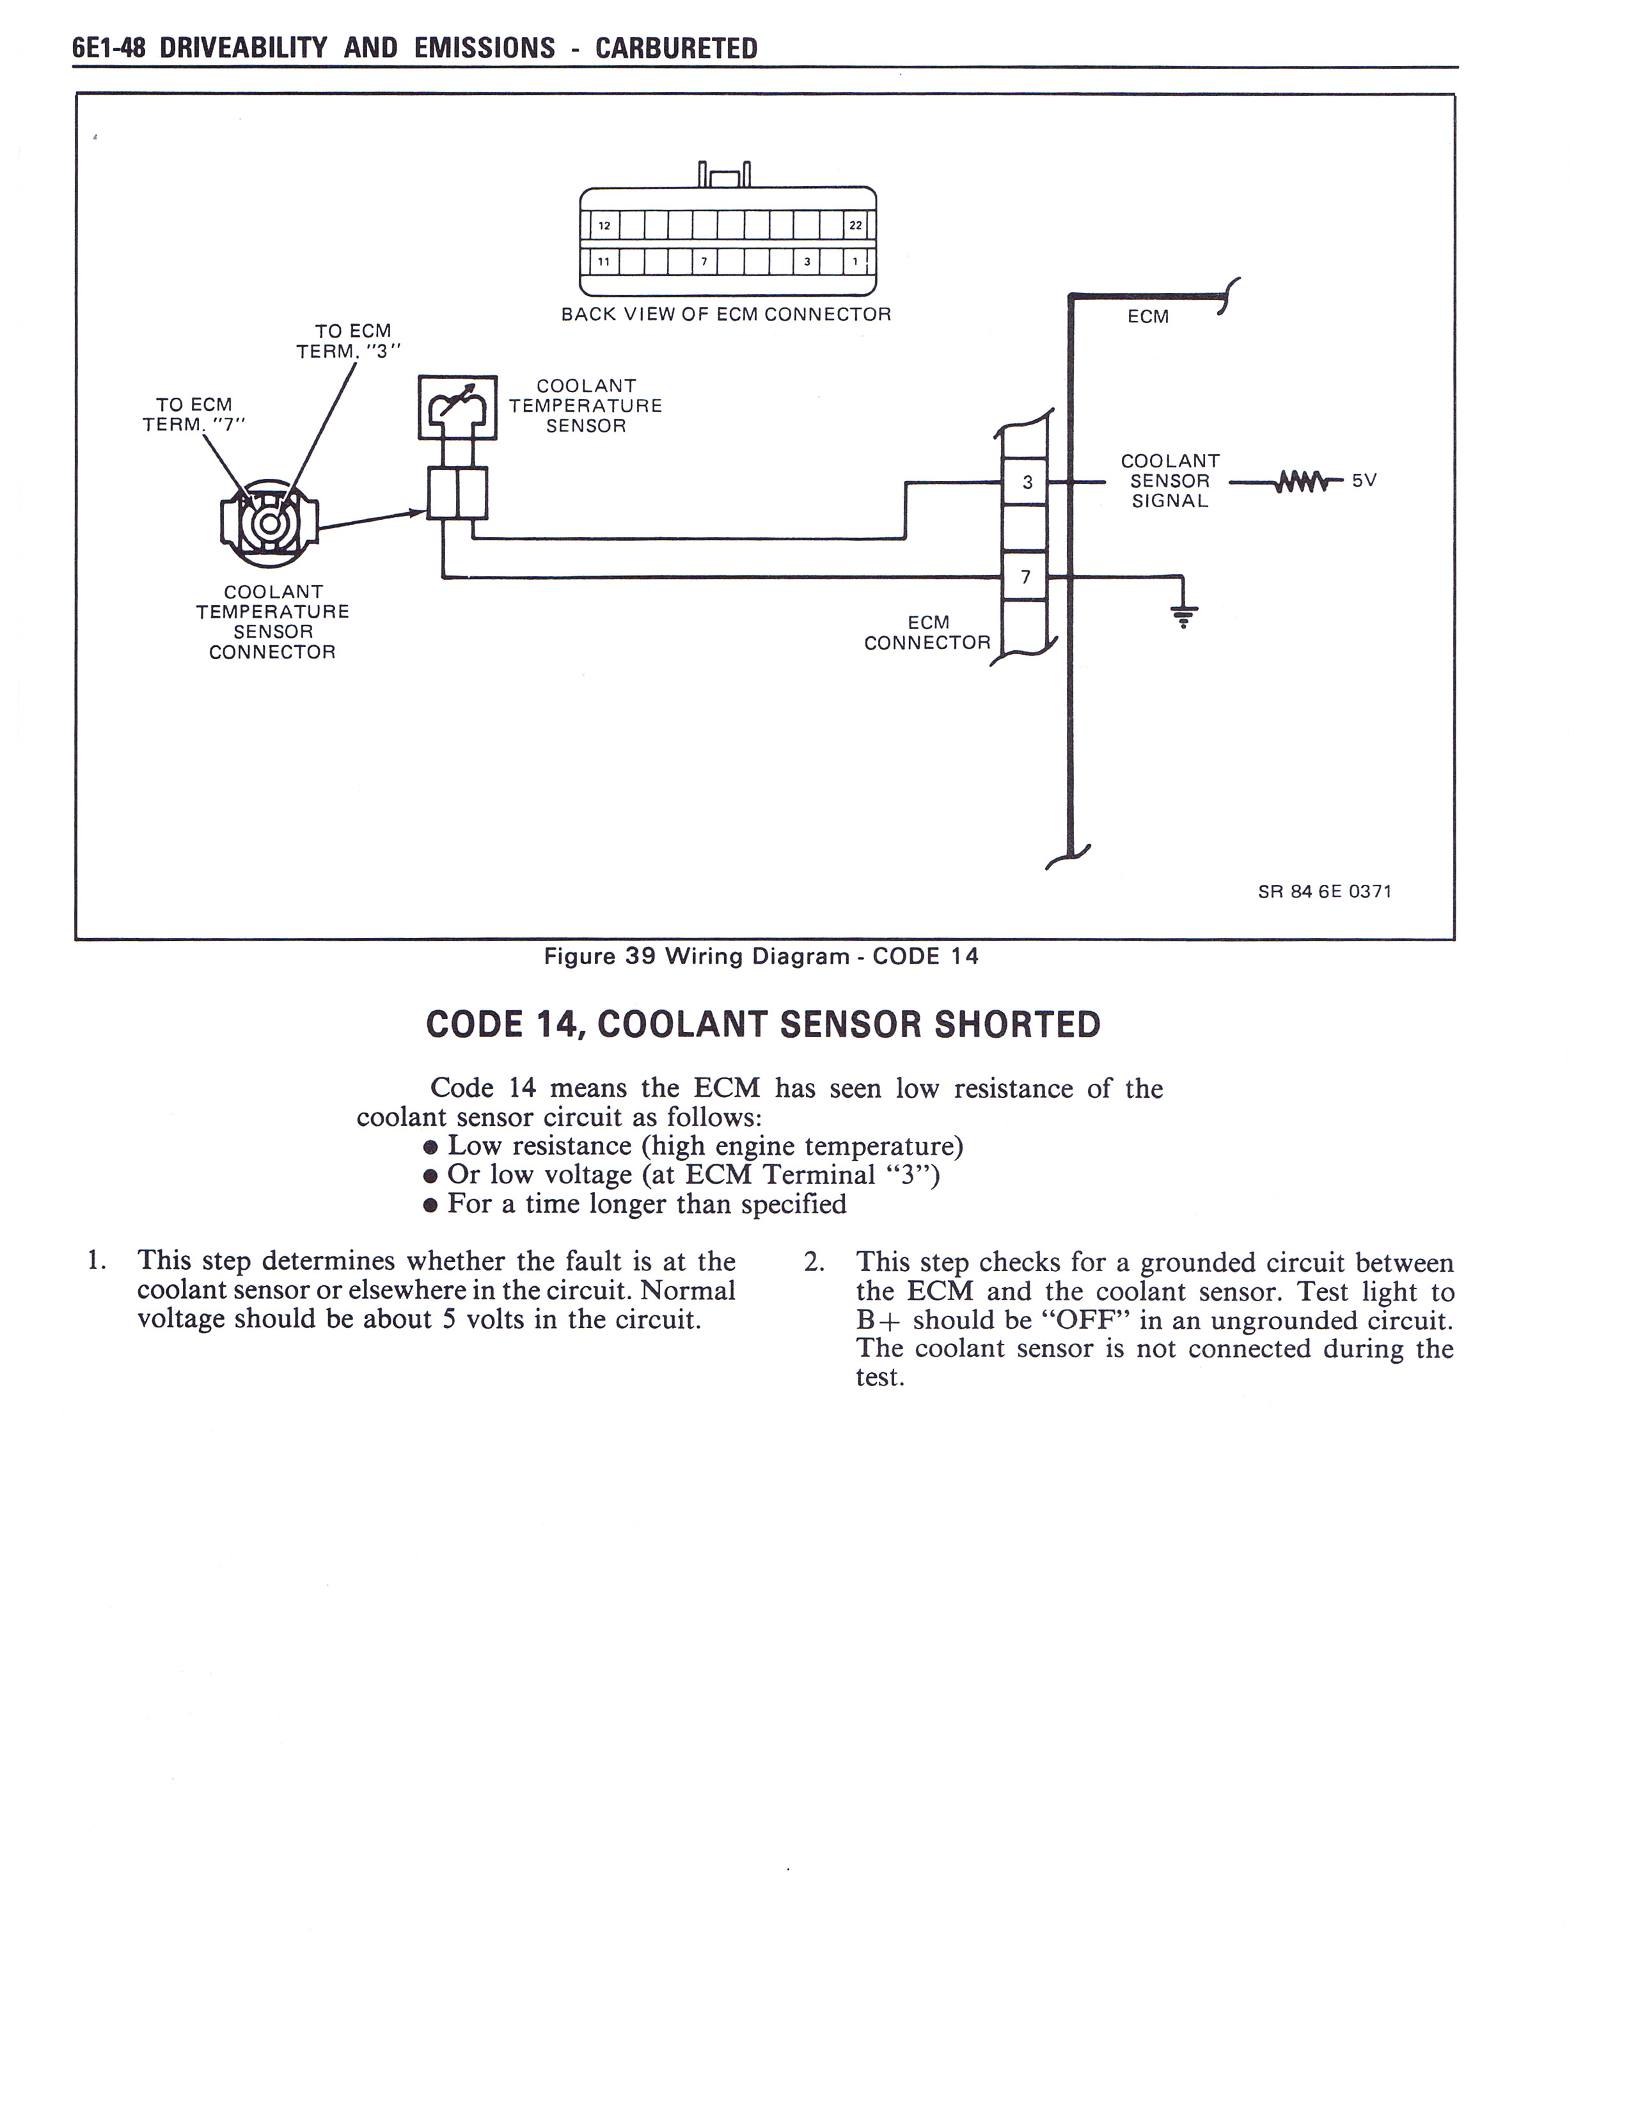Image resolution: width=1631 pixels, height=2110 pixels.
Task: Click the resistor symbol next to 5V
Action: pos(1296,480)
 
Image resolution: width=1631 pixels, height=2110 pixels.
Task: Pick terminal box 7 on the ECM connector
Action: pos(1025,577)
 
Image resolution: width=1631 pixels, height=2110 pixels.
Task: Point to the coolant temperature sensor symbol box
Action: pos(457,407)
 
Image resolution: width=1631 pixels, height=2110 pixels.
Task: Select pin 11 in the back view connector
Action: pos(604,262)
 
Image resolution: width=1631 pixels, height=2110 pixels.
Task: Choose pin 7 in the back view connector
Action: pos(704,262)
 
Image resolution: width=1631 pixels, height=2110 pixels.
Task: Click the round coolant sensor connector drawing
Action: pos(269,522)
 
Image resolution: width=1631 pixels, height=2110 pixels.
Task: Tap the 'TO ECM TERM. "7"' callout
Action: pos(194,414)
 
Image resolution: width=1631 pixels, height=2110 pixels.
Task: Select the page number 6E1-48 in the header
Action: pos(108,49)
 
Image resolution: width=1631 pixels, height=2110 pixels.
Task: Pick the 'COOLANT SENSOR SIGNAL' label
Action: pos(1169,481)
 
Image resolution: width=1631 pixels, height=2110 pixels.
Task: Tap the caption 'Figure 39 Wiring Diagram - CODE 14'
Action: pos(761,957)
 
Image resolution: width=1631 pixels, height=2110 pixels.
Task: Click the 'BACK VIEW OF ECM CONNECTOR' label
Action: pos(726,314)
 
